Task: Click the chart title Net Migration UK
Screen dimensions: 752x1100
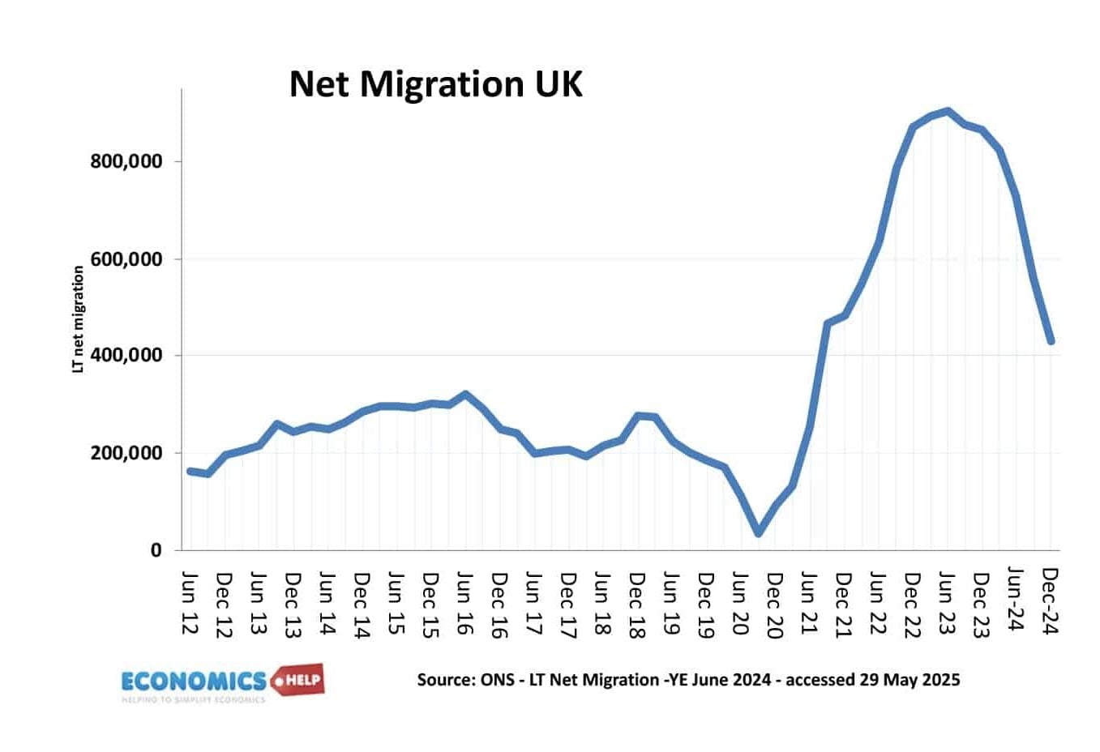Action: tap(435, 84)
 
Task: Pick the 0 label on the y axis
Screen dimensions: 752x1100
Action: tap(156, 550)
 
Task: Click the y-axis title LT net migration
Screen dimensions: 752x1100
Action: tap(79, 319)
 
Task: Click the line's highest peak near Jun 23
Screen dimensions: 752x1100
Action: tap(947, 111)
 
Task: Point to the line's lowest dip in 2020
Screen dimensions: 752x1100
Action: tap(759, 533)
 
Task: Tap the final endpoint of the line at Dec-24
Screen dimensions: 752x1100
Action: tap(1051, 341)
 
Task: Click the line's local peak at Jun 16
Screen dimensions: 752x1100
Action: tap(464, 394)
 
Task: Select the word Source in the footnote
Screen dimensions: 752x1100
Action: tap(443, 680)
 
